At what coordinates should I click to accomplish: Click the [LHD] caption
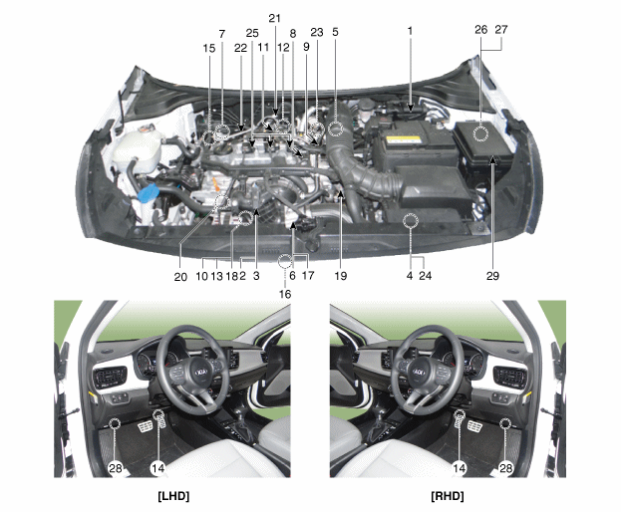click(x=173, y=496)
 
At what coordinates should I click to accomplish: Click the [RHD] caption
click(x=448, y=496)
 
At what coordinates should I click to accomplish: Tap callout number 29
click(x=492, y=276)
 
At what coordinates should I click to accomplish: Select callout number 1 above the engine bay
click(x=410, y=31)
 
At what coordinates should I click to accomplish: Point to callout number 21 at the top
click(x=274, y=18)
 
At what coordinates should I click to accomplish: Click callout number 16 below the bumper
click(x=285, y=294)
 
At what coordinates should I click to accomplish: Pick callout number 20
click(x=180, y=277)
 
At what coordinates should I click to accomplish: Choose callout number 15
click(x=209, y=48)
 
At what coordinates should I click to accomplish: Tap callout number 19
click(x=341, y=276)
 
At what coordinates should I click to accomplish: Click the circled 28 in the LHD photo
click(x=116, y=468)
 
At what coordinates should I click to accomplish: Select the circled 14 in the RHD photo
click(x=459, y=468)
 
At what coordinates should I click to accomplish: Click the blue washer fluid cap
click(x=148, y=192)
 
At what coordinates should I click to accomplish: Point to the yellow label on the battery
click(x=403, y=139)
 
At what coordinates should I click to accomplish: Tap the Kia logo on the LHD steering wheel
click(x=201, y=373)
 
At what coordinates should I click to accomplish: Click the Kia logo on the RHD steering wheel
click(x=419, y=373)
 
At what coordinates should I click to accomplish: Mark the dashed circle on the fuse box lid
click(x=480, y=133)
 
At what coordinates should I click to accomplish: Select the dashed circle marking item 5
click(x=336, y=128)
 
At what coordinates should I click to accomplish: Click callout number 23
click(x=317, y=33)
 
